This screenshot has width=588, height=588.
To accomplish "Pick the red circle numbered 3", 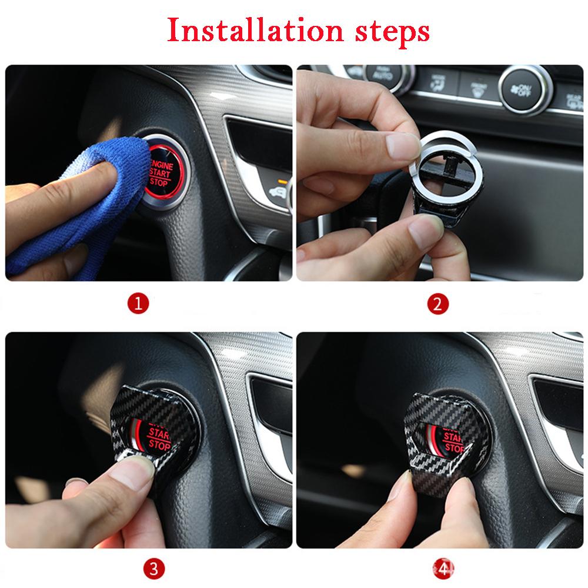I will click(153, 568).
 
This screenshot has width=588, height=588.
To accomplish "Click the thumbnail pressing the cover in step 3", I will click(137, 470).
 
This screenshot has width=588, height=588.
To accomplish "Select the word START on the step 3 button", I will click(159, 434).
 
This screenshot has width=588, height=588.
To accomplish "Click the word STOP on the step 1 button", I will click(159, 182).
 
